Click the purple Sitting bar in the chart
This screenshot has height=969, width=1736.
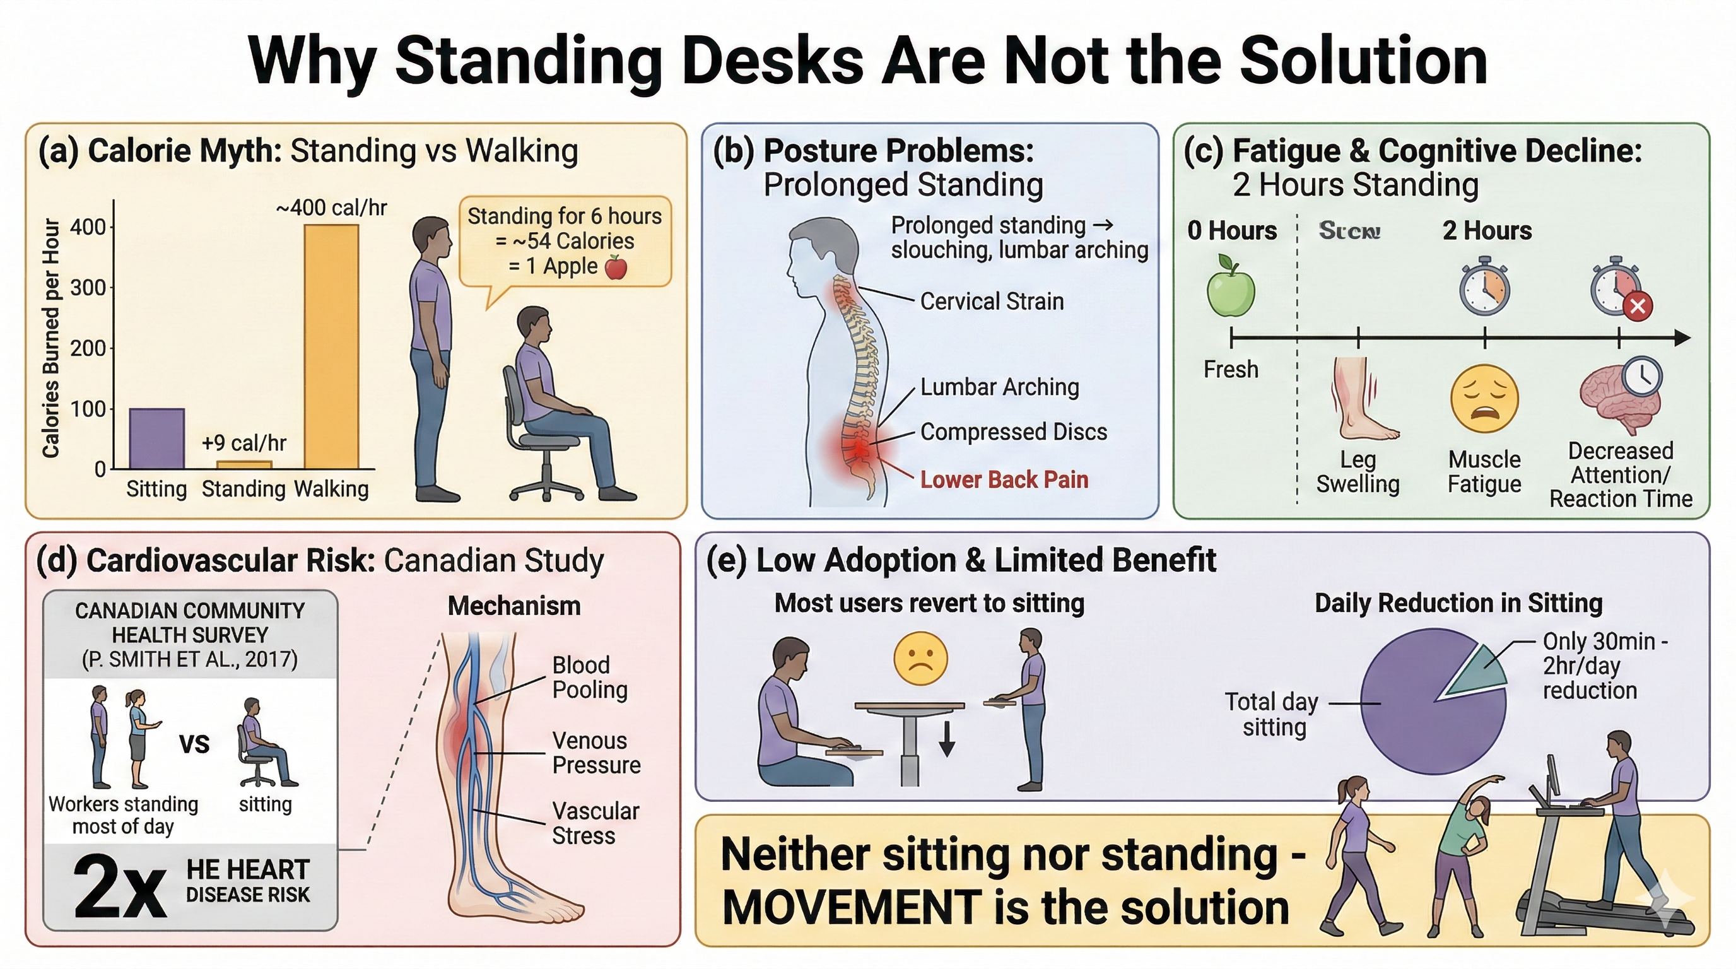coord(156,438)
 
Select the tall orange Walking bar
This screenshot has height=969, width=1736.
coord(331,346)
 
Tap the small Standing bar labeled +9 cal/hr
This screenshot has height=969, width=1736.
coord(244,464)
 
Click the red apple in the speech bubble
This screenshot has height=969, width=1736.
coord(616,267)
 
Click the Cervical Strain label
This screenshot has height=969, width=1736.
coord(992,301)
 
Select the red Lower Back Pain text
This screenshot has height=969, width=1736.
coord(1004,480)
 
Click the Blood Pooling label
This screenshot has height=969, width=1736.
coord(590,677)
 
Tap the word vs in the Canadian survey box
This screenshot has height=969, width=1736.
coord(194,743)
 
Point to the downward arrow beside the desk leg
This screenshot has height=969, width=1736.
coord(947,739)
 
